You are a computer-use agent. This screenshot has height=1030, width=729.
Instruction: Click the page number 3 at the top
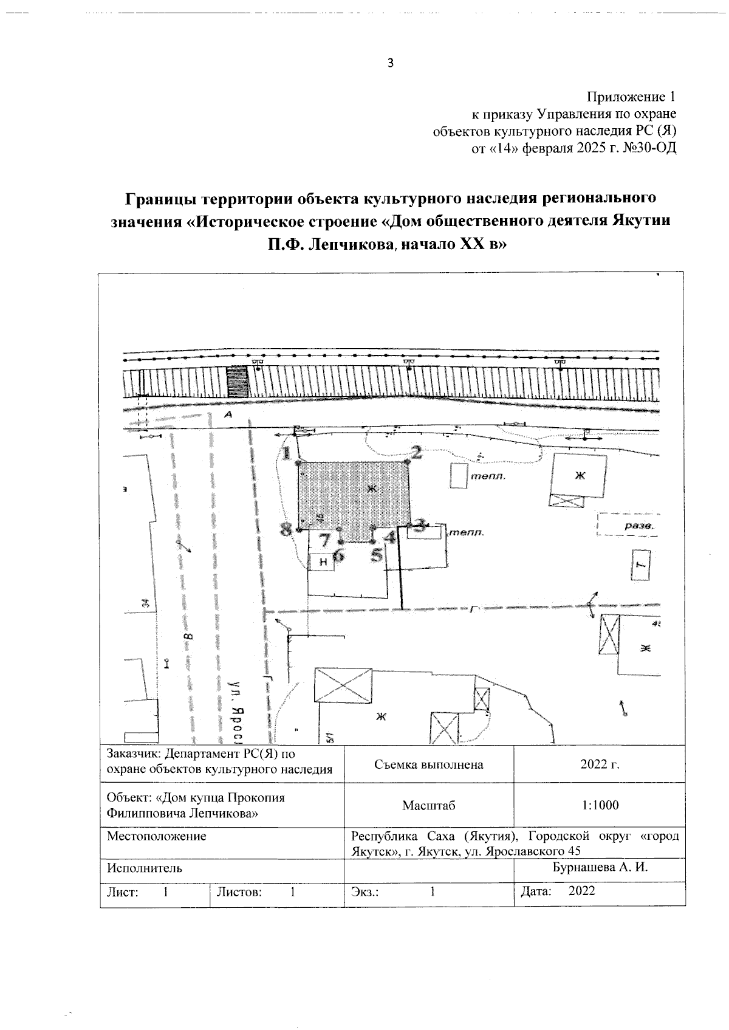391,63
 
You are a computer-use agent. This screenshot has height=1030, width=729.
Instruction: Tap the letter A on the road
228,415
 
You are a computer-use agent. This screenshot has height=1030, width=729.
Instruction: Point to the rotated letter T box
640,565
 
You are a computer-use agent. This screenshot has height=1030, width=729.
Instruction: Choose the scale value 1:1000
600,806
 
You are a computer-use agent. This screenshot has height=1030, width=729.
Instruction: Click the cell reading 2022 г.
600,764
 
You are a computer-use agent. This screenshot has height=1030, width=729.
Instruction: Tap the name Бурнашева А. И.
600,867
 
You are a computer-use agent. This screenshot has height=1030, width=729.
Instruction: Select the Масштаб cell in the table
428,806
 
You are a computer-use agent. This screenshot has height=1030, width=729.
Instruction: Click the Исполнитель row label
144,868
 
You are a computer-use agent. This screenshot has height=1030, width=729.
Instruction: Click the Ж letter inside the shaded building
372,488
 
